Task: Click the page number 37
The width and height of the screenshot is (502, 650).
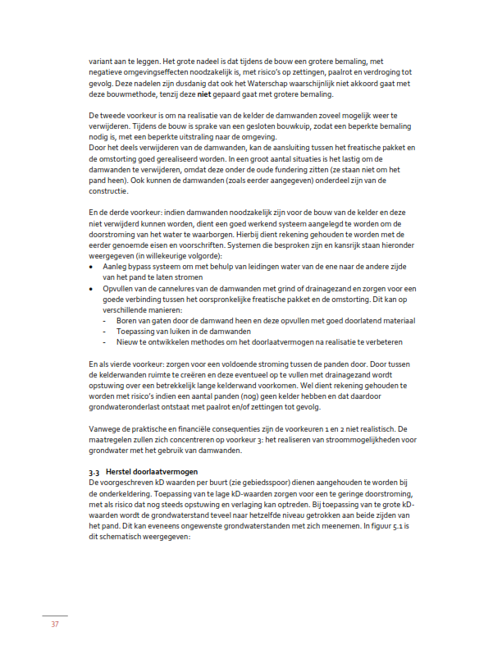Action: [54, 625]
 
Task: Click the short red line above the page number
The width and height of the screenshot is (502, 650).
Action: [54, 615]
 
